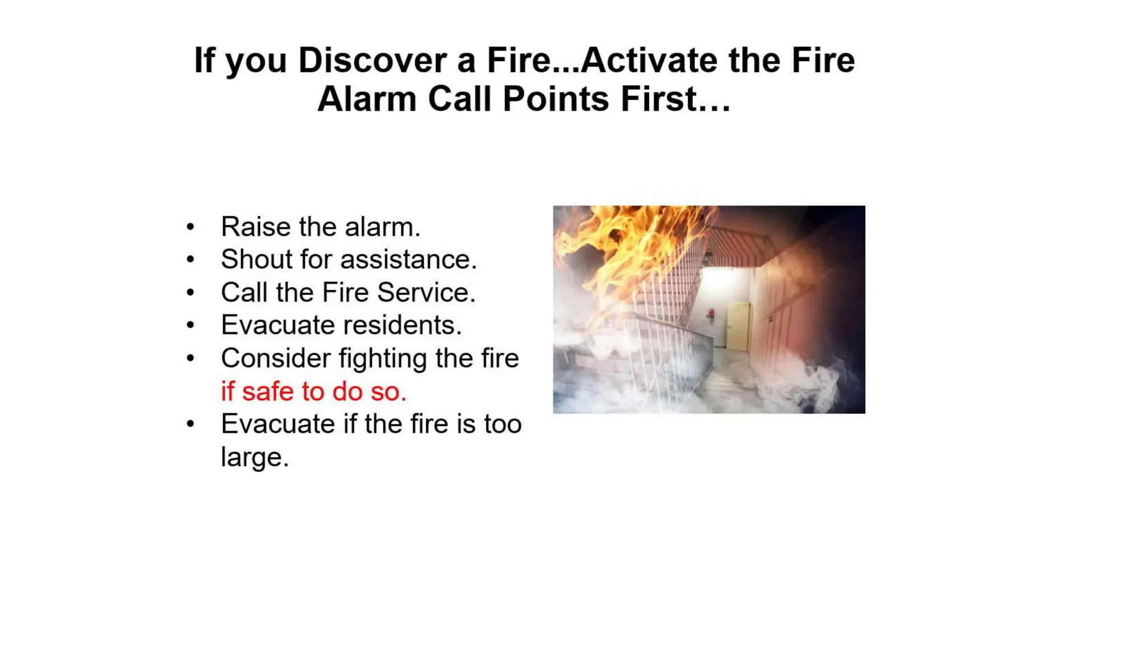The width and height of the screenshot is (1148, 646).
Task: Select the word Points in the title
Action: tap(556, 99)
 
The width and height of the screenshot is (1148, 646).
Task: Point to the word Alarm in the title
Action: tap(367, 99)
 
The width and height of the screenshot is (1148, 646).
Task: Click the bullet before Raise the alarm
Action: tap(191, 227)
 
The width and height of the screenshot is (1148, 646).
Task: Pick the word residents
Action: tap(402, 325)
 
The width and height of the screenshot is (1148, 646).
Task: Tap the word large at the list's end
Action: tap(254, 458)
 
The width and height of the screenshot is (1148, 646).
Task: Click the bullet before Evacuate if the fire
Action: tap(191, 424)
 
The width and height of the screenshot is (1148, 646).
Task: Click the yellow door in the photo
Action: tap(738, 327)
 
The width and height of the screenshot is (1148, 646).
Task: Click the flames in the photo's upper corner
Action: tap(622, 241)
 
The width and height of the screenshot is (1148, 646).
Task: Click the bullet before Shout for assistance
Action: tap(191, 260)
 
